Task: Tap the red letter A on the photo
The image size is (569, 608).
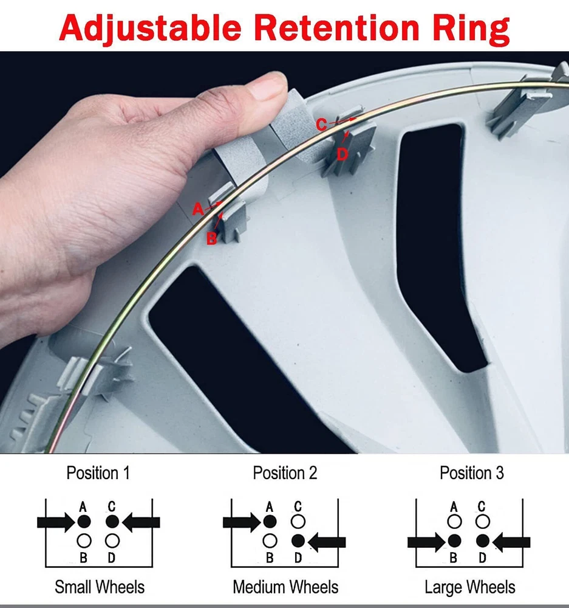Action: click(x=198, y=209)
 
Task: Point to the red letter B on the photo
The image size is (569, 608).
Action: click(x=211, y=238)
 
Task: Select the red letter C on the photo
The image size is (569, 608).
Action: click(x=321, y=125)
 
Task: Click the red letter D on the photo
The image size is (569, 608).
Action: click(x=342, y=154)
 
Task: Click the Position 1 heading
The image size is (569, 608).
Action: click(x=98, y=473)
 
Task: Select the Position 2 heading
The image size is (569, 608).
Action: click(x=285, y=473)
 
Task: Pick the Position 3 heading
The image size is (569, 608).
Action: click(x=472, y=473)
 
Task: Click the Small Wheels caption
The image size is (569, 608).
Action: click(x=100, y=587)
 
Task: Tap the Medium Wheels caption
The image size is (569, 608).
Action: click(x=285, y=587)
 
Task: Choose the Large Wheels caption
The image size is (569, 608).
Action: click(x=470, y=587)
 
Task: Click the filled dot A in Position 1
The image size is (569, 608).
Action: click(x=84, y=522)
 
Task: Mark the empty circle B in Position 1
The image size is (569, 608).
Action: click(x=84, y=541)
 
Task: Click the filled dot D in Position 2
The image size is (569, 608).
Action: click(x=298, y=541)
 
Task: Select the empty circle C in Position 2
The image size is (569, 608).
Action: click(x=298, y=522)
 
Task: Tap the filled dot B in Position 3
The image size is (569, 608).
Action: click(x=454, y=541)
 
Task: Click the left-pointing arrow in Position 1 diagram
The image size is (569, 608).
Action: click(x=141, y=522)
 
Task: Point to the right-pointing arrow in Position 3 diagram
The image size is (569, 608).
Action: click(x=426, y=542)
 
